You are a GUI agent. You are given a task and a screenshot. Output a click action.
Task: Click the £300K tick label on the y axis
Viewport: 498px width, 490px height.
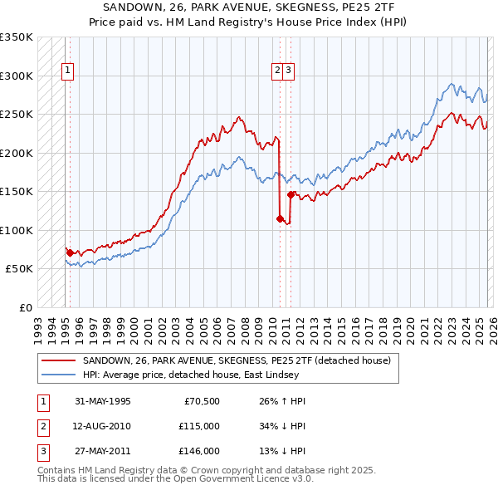coord(17,76)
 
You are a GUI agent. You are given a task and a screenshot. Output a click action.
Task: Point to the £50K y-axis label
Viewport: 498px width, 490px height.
coord(19,269)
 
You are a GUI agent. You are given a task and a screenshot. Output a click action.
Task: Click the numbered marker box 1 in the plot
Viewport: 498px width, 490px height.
coord(66,71)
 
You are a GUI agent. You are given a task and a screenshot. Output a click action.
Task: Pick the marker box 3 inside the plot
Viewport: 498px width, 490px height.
coord(288,71)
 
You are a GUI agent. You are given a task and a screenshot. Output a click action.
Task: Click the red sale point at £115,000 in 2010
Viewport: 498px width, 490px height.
coord(280,218)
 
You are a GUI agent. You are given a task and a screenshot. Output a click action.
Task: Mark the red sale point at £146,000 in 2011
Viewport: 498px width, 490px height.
coord(290,194)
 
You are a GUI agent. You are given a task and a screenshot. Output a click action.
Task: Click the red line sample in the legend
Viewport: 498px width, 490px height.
coord(58,360)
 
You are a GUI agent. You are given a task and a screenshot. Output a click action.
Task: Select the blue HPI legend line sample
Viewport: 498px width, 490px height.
coord(58,375)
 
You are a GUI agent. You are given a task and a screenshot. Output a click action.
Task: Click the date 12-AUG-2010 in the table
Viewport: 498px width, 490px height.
coord(103,426)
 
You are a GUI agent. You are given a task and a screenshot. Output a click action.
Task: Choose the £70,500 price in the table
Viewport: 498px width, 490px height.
coord(199,401)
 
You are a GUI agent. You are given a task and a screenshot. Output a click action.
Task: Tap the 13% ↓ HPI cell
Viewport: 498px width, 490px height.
coord(277,451)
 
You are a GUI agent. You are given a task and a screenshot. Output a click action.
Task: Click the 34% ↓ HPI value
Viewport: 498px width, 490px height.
coord(277,426)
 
